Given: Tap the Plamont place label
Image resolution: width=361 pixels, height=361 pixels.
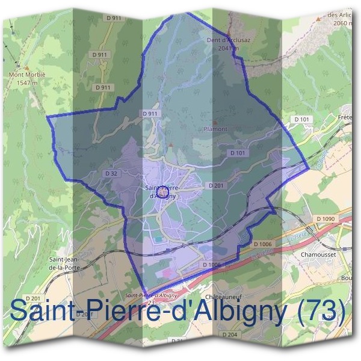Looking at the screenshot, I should [x=215, y=129].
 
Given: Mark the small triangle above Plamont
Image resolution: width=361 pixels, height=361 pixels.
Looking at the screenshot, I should [x=215, y=122].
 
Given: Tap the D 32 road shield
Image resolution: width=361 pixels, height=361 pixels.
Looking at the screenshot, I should [x=110, y=173].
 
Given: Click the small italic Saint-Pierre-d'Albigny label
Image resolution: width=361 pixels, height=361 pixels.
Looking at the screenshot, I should [x=149, y=295].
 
